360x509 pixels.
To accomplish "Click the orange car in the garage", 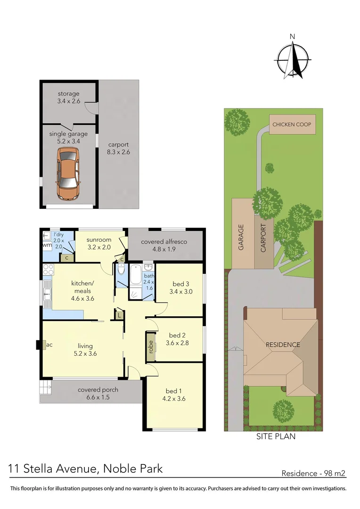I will click(x=67, y=173).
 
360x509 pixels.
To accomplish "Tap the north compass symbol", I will click(x=293, y=59).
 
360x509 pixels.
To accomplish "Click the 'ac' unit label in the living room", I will click(x=49, y=345).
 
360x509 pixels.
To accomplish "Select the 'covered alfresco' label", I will click(x=164, y=242).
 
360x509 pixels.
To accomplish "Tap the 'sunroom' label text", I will click(x=99, y=240).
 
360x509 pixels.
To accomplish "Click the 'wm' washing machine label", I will click(x=47, y=245).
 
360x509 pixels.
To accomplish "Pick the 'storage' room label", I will click(x=69, y=94).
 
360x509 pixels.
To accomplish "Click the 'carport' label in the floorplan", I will click(x=118, y=145).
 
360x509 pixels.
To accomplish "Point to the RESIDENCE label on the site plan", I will click(x=283, y=345).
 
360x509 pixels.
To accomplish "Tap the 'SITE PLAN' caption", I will click(x=276, y=436).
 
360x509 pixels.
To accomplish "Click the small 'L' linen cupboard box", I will click(x=120, y=315).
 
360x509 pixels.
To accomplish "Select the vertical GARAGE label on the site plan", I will click(x=241, y=237).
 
